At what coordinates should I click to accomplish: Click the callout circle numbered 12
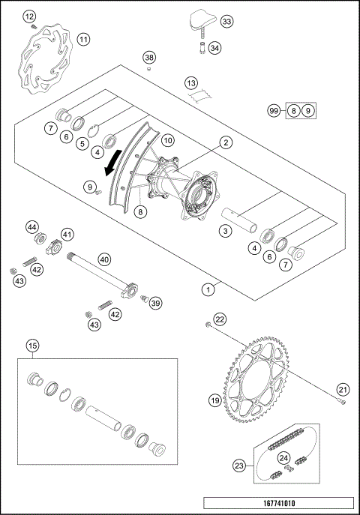(x=29, y=16)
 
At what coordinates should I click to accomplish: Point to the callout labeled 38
(x=149, y=57)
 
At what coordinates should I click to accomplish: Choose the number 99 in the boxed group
(x=274, y=111)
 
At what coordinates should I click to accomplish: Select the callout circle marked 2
(x=225, y=141)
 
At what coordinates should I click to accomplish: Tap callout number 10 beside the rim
(x=168, y=140)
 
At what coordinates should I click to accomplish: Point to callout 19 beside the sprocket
(x=214, y=401)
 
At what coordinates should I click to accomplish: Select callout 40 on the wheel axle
(x=104, y=259)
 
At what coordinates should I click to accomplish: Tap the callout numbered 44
(x=32, y=226)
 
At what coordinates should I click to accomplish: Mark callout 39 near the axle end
(x=155, y=303)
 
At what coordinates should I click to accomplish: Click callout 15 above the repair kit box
(x=32, y=346)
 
